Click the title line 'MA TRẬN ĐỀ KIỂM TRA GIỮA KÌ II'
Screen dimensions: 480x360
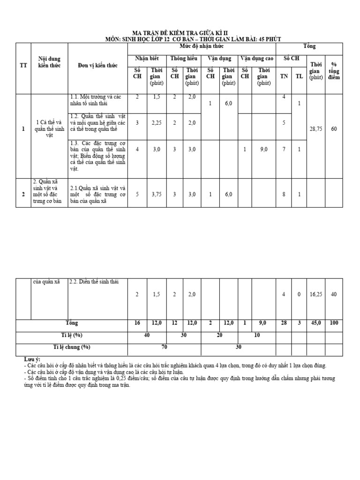point(180,32)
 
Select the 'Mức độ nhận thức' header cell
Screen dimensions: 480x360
point(201,46)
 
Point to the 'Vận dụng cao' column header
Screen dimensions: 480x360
point(256,59)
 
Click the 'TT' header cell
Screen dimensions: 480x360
point(23,65)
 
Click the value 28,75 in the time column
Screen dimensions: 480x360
point(315,129)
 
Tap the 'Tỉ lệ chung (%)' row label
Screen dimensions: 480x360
point(72,347)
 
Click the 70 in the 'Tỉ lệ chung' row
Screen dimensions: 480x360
point(164,347)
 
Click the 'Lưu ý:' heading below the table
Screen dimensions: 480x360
point(32,359)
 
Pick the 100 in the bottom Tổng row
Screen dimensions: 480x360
point(334,323)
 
